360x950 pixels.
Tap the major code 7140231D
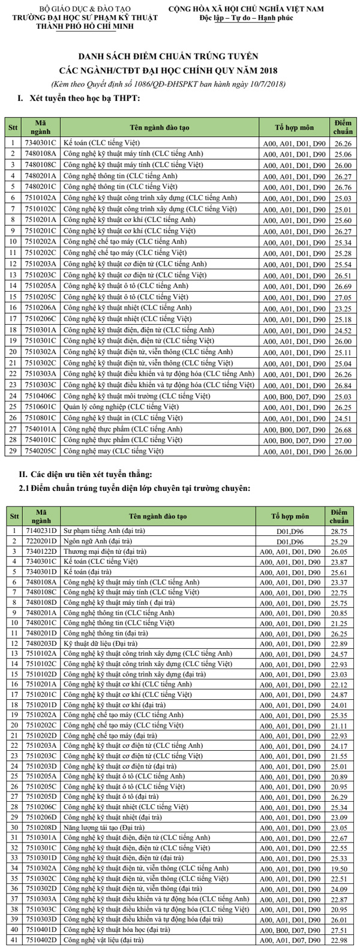(41, 531)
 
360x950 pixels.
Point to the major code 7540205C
(41, 451)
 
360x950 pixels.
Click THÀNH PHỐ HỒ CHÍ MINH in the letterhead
(85, 26)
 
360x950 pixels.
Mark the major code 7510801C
(41, 418)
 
